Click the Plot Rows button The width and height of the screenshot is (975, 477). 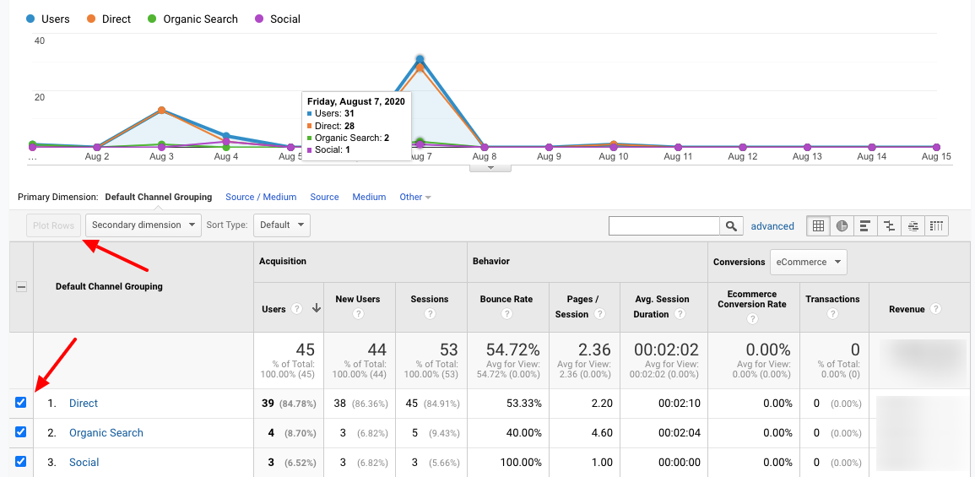[54, 225]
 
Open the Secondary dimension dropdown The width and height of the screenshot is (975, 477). [144, 225]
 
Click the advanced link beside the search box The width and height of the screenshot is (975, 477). [772, 226]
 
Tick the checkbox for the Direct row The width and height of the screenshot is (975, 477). [21, 403]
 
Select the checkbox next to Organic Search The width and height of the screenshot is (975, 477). [21, 432]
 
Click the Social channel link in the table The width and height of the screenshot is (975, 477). [84, 463]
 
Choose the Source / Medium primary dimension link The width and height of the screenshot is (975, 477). [261, 197]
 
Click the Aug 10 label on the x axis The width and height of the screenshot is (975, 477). [614, 157]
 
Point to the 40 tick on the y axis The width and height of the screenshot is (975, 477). [39, 41]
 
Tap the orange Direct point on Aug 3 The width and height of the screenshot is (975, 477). [161, 111]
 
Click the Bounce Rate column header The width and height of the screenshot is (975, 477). [506, 299]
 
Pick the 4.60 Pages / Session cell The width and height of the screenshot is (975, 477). [602, 433]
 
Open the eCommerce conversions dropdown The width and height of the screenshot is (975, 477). [807, 262]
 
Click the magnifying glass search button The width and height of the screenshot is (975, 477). [731, 225]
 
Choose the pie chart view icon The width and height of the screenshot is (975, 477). [842, 225]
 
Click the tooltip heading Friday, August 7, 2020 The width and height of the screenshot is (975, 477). [355, 101]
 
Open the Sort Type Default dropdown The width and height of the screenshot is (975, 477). [280, 225]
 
